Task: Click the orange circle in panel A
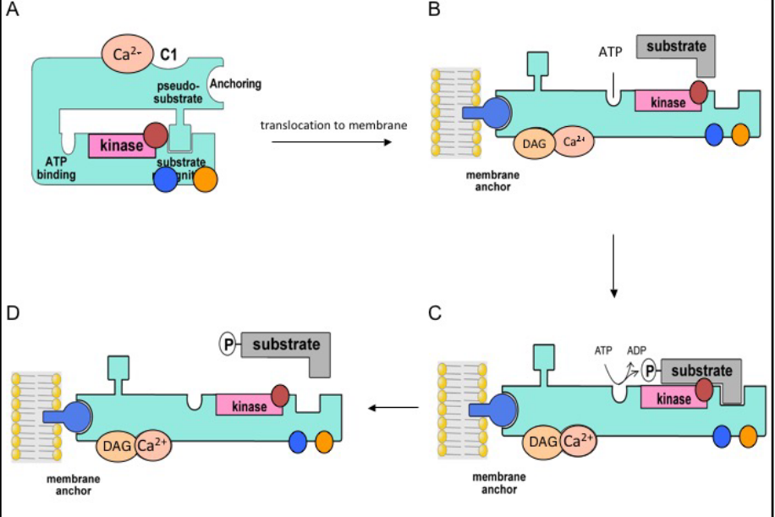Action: click(206, 179)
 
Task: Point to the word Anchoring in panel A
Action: click(236, 84)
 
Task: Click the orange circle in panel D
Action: click(323, 441)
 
